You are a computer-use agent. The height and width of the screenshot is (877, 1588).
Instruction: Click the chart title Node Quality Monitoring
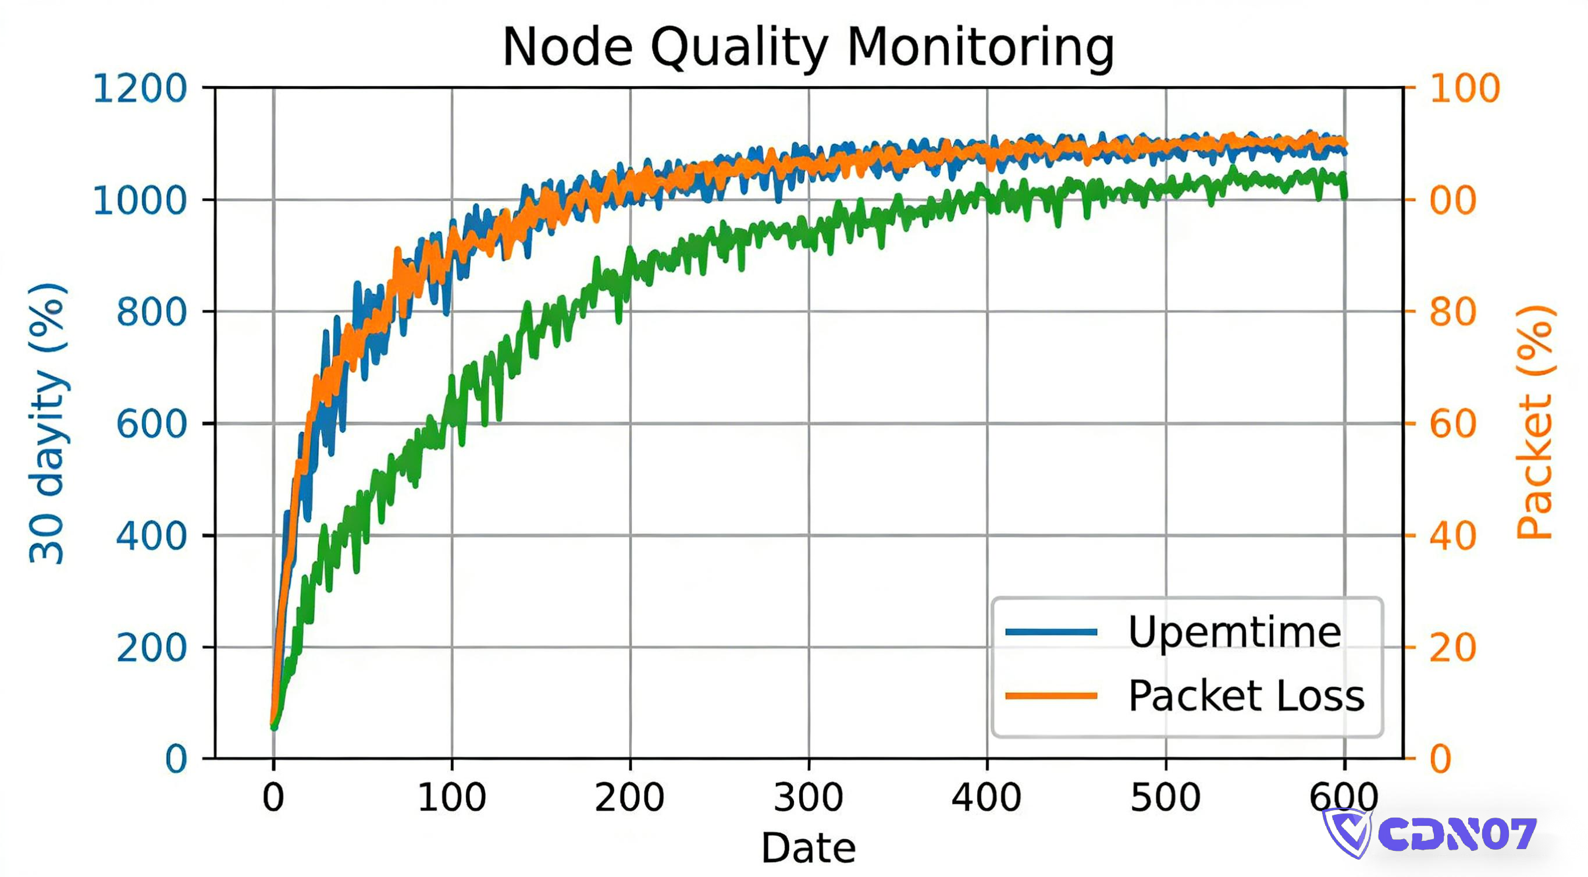[808, 48]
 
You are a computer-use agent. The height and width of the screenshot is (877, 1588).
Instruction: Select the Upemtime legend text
[1234, 632]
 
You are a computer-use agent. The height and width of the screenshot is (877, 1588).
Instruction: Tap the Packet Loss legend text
[1246, 696]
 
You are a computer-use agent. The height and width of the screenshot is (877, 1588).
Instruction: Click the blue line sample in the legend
[1051, 632]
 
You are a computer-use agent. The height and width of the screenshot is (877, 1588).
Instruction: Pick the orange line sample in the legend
[1051, 696]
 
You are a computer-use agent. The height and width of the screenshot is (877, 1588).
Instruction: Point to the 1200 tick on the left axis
[140, 88]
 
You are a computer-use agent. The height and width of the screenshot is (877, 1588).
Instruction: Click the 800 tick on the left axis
[152, 312]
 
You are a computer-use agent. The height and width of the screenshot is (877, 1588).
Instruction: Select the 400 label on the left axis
[152, 536]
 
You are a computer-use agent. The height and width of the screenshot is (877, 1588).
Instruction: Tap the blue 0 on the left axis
[176, 759]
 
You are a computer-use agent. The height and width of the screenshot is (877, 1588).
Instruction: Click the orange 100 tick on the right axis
[1464, 88]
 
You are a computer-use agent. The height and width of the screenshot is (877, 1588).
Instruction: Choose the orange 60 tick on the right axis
[1452, 424]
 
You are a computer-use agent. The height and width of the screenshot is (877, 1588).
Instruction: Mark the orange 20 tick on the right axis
[1452, 648]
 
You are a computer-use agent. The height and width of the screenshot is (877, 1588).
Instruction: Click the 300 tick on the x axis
[808, 797]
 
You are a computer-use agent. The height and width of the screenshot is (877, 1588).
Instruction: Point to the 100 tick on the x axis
[452, 797]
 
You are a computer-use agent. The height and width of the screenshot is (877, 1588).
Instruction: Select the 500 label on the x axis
[1165, 797]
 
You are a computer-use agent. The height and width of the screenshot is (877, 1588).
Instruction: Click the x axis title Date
[808, 848]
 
